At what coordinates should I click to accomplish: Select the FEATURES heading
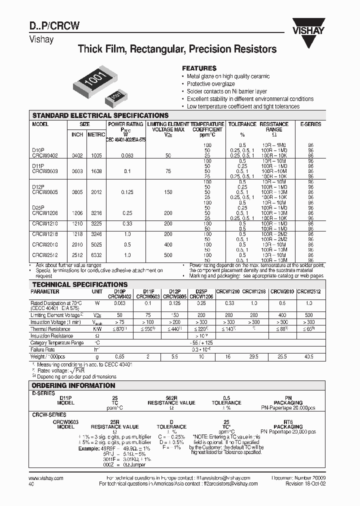199,68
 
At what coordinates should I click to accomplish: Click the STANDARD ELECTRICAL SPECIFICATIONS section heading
100,115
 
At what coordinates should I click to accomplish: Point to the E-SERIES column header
310,124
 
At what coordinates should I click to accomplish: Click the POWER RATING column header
125,124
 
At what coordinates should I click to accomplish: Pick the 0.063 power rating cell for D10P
125,156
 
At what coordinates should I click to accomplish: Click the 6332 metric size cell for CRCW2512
96,255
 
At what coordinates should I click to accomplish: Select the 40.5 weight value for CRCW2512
308,356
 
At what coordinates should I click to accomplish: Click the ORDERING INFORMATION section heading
73,385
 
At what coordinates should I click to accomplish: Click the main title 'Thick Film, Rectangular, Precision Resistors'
177,49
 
